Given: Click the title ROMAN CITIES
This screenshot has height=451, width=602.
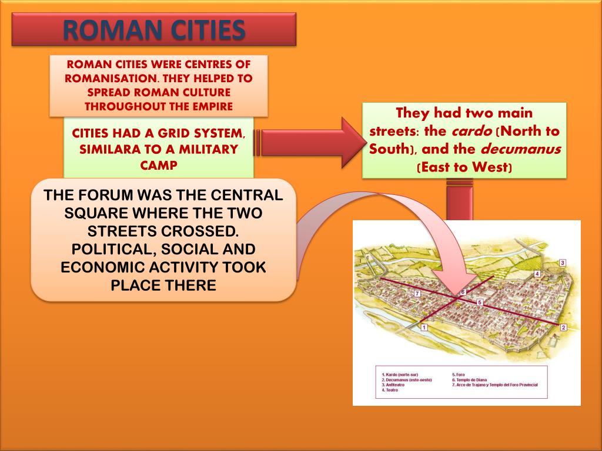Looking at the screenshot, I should click(153, 29).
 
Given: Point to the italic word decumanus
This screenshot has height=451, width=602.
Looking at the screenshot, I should click(521, 149).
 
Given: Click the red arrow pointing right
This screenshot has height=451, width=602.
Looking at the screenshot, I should click(312, 143).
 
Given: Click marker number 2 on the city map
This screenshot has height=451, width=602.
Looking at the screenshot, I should click(563, 327).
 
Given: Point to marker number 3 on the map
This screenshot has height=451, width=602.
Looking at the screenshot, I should click(562, 262).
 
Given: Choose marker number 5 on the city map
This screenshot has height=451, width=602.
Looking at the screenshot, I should click(479, 302).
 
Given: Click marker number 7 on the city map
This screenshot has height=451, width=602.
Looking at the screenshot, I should click(417, 292).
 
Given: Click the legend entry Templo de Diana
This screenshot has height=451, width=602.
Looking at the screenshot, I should click(470, 380).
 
